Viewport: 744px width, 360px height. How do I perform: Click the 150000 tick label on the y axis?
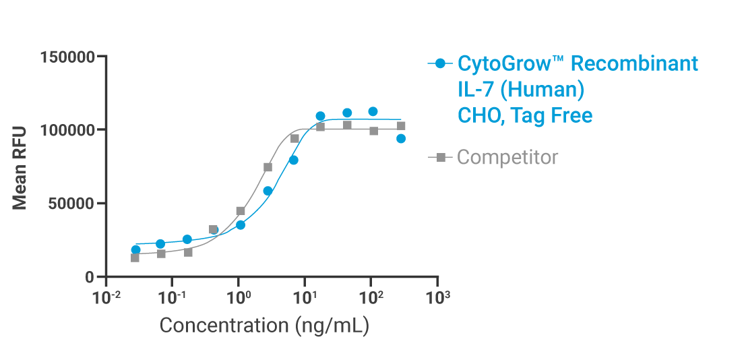pos(68,57)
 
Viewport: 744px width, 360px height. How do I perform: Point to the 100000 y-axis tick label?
pos(68,130)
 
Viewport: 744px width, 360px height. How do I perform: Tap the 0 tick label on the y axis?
pos(90,277)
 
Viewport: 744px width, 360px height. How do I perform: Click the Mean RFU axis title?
pos(20,167)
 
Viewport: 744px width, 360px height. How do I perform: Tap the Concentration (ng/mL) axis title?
pos(264,326)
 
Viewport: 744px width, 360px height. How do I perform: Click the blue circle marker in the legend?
pos(441,64)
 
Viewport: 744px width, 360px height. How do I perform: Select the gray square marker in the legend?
pos(441,158)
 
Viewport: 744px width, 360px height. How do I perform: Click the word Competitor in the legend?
pos(507,158)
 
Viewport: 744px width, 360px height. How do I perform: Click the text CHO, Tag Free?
pos(525,116)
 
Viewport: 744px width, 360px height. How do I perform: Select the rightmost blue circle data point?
pos(401,139)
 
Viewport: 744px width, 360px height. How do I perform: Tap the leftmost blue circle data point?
pos(135,250)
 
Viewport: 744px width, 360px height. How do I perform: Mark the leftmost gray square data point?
pos(135,258)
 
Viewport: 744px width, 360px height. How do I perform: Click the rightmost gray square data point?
pos(401,126)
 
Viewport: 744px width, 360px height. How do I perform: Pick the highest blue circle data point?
pos(373,111)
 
